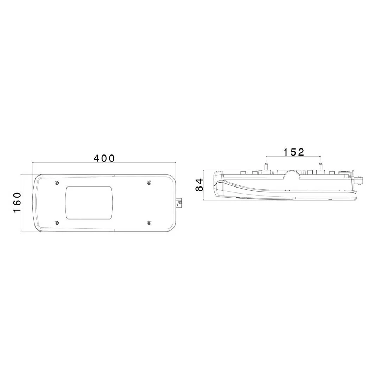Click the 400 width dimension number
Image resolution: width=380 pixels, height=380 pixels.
[x=104, y=158]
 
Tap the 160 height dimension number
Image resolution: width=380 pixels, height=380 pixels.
[x=17, y=203]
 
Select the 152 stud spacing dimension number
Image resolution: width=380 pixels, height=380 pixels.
[x=293, y=152]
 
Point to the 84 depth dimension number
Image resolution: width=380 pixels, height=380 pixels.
[x=199, y=185]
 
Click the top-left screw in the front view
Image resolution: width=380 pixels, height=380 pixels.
[x=57, y=183]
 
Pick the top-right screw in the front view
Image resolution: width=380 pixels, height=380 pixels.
[x=149, y=183]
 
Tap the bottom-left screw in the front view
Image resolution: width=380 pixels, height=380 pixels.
[x=57, y=223]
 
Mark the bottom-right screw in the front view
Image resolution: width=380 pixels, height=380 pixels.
[x=149, y=223]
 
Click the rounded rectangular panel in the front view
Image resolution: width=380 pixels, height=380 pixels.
[x=89, y=203]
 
